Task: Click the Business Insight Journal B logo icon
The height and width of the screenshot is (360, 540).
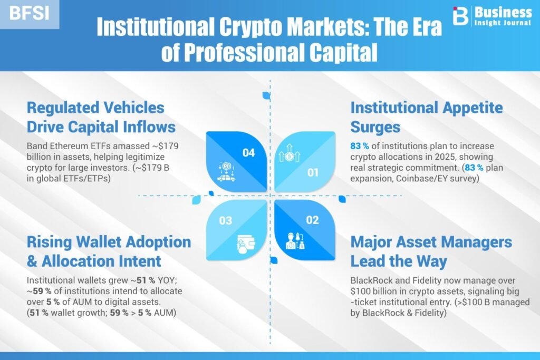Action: click(x=461, y=16)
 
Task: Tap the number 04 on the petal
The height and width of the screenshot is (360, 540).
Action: click(x=248, y=153)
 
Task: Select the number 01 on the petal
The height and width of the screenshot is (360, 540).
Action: click(x=313, y=172)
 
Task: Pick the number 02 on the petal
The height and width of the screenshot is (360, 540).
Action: click(x=312, y=220)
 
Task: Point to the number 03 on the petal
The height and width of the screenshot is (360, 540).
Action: click(x=226, y=221)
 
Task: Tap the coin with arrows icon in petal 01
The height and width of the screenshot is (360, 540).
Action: click(x=290, y=153)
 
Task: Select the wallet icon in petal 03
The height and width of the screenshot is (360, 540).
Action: click(x=246, y=244)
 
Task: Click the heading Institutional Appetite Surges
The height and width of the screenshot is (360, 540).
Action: click(x=426, y=118)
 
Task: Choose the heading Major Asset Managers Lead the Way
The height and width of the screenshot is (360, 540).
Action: click(x=431, y=251)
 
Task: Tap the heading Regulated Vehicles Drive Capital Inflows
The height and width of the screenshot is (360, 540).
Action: click(x=101, y=118)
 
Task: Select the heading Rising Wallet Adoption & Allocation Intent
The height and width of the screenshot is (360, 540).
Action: click(x=109, y=251)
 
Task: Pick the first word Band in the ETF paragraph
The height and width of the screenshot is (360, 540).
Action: click(x=37, y=146)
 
